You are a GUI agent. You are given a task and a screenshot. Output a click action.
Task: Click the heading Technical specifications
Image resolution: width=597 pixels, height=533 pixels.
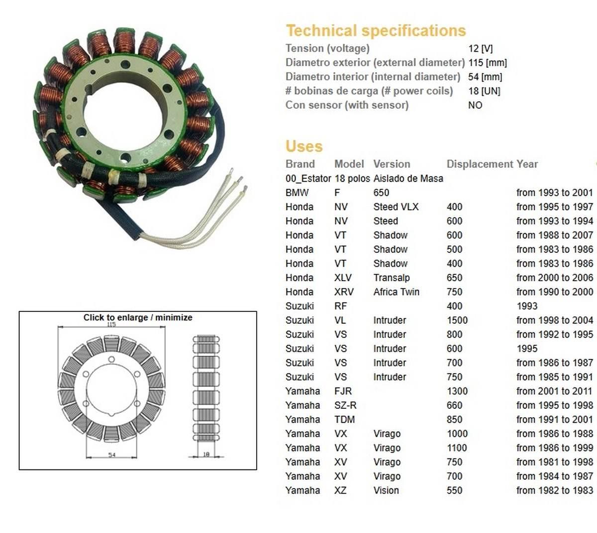(x=376, y=31)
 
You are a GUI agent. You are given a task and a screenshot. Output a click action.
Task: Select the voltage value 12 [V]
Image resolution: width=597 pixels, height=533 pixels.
(x=480, y=49)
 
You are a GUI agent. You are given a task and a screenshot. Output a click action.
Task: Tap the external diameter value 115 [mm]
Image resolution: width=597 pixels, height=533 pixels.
(x=487, y=63)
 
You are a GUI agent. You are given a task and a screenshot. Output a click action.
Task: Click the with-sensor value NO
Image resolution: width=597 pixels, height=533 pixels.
(x=475, y=105)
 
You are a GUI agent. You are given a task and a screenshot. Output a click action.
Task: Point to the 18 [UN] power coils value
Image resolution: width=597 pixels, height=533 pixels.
(x=484, y=91)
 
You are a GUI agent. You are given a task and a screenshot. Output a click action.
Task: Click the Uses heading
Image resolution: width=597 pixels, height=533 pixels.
(x=304, y=147)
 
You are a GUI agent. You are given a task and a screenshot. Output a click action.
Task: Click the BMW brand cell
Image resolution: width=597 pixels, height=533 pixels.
(x=297, y=193)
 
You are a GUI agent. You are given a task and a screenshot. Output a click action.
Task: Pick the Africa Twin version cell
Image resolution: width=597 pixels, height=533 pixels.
(x=396, y=292)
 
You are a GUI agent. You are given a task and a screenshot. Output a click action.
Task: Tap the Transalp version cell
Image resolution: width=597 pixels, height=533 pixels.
(x=391, y=278)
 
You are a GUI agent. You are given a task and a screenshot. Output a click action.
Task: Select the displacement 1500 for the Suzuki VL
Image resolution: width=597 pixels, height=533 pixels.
(x=457, y=320)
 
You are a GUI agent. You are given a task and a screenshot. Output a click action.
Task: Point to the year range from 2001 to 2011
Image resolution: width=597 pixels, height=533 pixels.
(x=554, y=391)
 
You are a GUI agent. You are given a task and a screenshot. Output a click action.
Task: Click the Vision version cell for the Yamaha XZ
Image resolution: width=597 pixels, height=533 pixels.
(x=386, y=491)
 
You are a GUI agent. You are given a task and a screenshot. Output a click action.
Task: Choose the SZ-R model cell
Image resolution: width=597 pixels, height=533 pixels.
(x=345, y=405)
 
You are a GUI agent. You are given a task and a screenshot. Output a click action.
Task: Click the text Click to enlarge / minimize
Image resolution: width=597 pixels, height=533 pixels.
(x=138, y=317)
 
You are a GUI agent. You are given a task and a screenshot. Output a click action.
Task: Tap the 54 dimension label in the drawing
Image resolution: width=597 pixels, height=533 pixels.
(x=111, y=455)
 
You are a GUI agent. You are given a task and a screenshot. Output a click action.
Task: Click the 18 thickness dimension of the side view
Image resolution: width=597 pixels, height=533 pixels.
(x=206, y=454)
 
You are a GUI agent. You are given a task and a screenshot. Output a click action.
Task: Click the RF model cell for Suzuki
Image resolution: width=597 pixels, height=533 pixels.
(x=340, y=306)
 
